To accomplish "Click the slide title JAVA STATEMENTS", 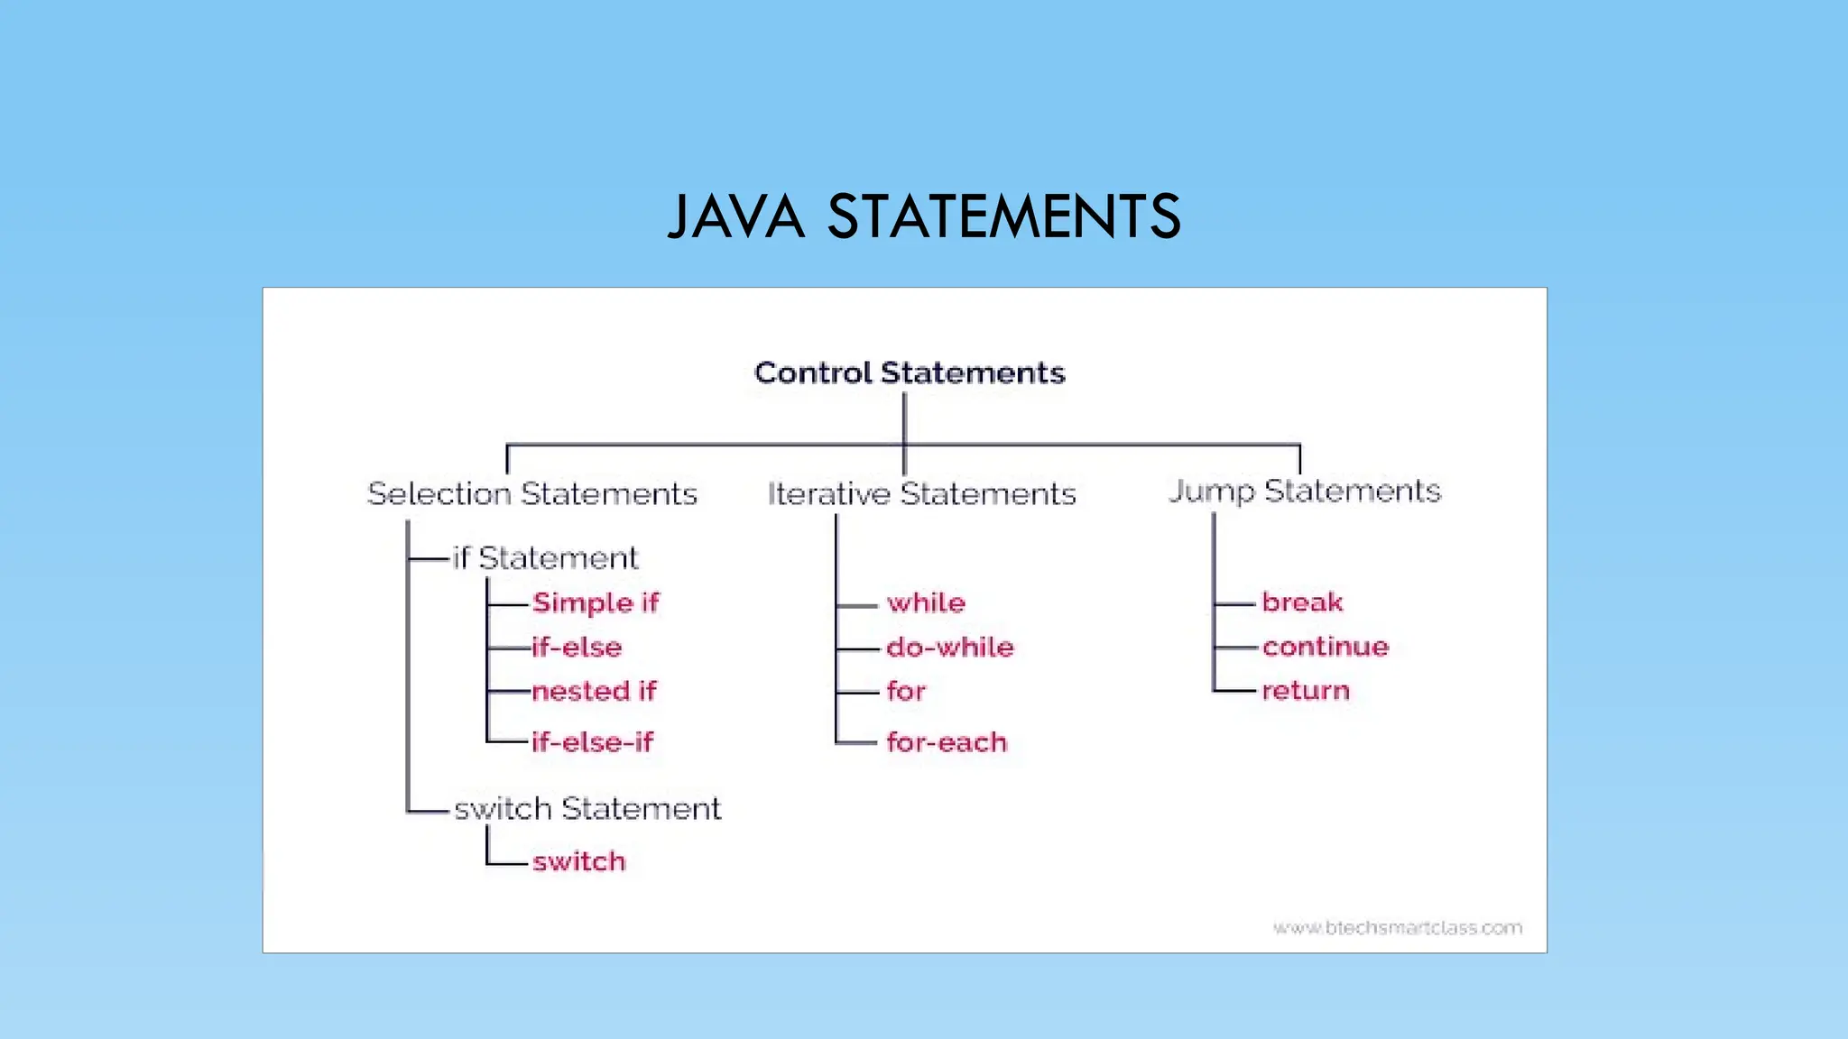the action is (924, 216).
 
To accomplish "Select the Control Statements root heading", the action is (910, 372).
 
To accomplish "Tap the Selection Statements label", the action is (532, 494).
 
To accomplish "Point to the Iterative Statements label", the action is (921, 494).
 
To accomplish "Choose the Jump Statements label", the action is (1305, 492).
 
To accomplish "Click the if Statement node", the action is (545, 558).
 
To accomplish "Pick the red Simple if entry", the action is (596, 602).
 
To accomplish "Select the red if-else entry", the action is (577, 647).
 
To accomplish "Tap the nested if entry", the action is (594, 691).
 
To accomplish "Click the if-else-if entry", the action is (592, 742).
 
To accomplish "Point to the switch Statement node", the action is (587, 809).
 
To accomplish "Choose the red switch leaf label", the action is (578, 861).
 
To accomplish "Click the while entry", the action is (926, 602).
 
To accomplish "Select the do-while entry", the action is (950, 647).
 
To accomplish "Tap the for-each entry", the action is (947, 742).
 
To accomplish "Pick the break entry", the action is (1302, 602).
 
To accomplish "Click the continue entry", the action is (1326, 646).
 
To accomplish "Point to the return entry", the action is (1306, 690).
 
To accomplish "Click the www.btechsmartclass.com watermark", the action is (1398, 927).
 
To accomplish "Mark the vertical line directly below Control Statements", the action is (904, 418).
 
